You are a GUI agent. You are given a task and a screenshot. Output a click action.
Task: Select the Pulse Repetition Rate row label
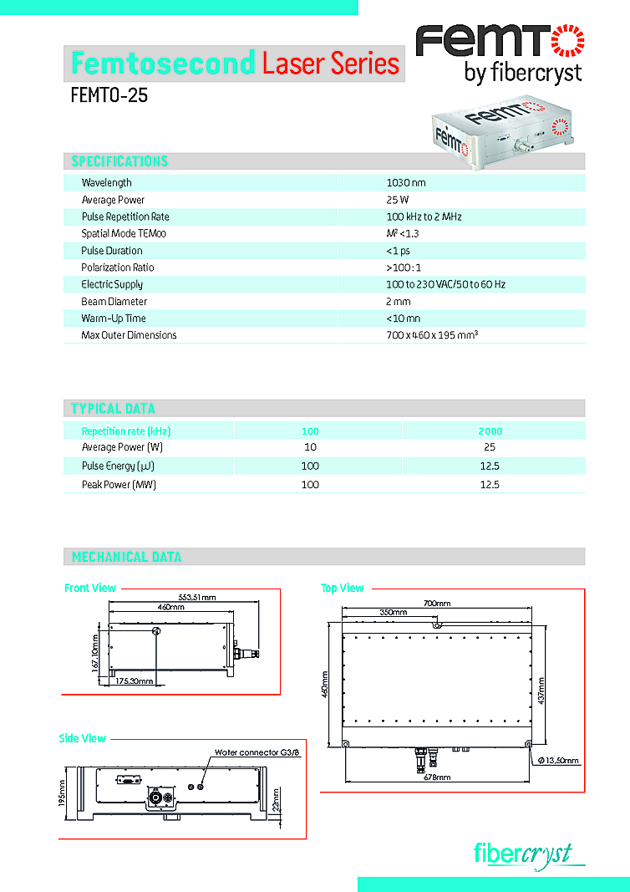[125, 217]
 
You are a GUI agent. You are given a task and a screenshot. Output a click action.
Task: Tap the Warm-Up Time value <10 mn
[403, 319]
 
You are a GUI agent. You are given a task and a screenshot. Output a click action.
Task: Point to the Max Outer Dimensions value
[431, 335]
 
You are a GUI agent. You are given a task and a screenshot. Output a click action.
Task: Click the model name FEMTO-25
[109, 95]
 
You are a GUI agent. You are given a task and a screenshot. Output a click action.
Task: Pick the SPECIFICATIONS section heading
[119, 161]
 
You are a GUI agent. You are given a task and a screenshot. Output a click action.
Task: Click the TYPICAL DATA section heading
[113, 409]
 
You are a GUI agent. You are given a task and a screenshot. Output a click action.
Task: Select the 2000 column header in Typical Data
[490, 431]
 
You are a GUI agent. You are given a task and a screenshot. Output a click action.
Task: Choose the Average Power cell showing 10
[310, 447]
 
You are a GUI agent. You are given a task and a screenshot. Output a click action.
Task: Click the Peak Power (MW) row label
[119, 485]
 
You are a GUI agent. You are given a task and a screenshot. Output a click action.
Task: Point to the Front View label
[90, 589]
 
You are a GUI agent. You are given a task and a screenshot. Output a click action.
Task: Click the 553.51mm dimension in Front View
[197, 597]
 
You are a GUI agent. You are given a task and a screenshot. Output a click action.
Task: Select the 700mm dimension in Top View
[437, 604]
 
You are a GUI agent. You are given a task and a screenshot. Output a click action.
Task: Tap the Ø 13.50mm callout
[559, 761]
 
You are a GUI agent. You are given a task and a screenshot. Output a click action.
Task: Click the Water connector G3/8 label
[257, 752]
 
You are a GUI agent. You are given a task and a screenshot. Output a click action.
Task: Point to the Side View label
[83, 739]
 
